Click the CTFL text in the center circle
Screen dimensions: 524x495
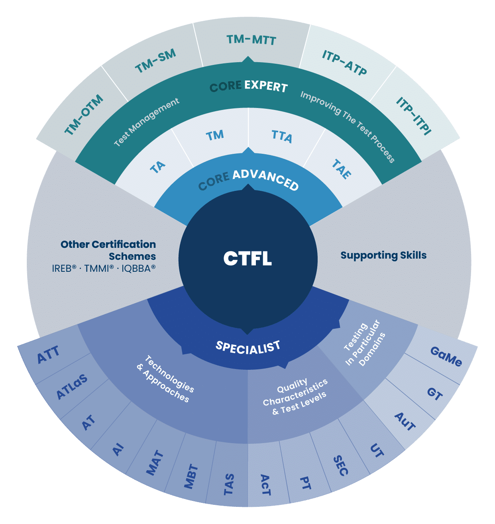(247, 258)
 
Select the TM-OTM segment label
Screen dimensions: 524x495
(84, 115)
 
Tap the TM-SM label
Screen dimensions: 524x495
(155, 62)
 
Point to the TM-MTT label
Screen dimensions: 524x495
(251, 39)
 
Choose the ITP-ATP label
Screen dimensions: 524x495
(344, 63)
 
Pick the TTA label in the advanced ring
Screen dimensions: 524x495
(282, 136)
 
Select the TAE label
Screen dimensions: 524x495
(342, 169)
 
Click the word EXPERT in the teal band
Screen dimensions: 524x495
(266, 86)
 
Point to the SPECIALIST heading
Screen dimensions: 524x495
(248, 347)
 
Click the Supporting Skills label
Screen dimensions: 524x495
(383, 255)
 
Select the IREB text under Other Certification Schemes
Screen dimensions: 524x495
(64, 269)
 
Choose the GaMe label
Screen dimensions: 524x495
(446, 357)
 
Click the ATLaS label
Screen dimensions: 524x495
(72, 387)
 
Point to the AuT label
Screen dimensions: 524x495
(405, 422)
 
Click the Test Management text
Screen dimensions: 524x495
(147, 122)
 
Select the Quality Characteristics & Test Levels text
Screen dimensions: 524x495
(295, 396)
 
